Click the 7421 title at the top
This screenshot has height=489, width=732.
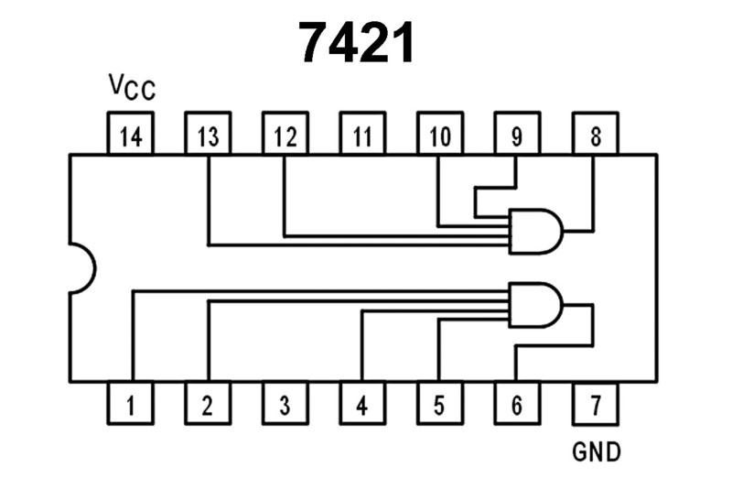[x=358, y=43]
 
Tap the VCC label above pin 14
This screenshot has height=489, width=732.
[x=132, y=87]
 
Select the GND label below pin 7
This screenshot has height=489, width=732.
[x=596, y=451]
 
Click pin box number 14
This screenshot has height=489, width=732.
[x=131, y=136]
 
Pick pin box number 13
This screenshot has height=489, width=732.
[x=208, y=136]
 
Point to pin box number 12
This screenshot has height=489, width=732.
[x=285, y=136]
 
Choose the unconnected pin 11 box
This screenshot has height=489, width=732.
[x=362, y=136]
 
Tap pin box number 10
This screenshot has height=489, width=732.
[x=439, y=136]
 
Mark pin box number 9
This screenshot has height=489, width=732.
[x=516, y=136]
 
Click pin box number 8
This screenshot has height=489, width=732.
[x=595, y=136]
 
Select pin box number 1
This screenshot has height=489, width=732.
[x=131, y=403]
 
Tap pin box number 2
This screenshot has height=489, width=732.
[x=208, y=403]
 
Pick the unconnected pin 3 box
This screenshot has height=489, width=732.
[x=285, y=403]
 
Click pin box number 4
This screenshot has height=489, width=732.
[x=362, y=403]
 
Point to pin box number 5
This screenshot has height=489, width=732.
[x=439, y=403]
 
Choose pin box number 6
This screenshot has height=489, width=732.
[x=516, y=403]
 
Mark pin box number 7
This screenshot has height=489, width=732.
[x=595, y=403]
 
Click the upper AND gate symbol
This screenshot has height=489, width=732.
[x=536, y=231]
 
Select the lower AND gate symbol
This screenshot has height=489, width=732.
[x=536, y=304]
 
